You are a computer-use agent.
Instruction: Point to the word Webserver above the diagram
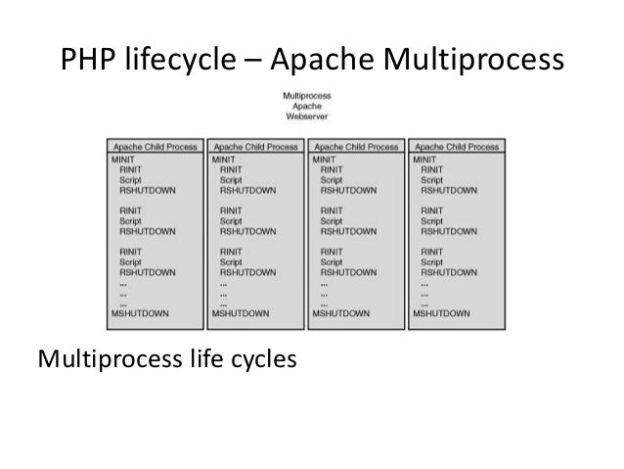point(306,116)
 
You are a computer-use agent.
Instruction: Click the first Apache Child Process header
point(156,146)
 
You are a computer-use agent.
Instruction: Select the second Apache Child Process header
point(256,146)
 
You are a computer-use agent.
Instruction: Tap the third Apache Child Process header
point(356,146)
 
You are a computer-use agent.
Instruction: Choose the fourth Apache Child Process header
point(457,146)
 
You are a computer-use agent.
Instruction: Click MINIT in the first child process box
point(123,158)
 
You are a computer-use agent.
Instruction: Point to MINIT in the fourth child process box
point(424,158)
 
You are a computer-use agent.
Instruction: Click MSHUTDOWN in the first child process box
point(139,313)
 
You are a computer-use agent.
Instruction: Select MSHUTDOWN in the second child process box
point(241,313)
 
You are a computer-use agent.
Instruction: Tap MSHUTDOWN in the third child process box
point(340,313)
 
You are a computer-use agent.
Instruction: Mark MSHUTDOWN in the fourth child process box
point(441,313)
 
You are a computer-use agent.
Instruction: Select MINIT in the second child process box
point(224,158)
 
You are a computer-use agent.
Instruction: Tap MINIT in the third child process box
point(324,158)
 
